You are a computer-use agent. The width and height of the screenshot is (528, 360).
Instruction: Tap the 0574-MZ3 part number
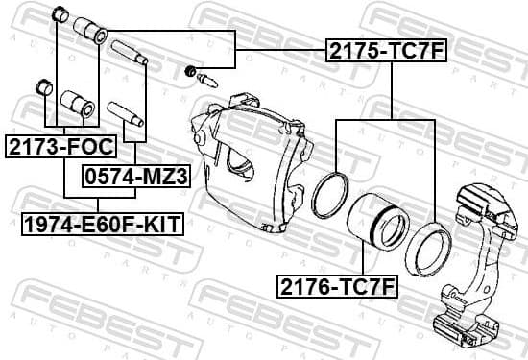135,177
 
